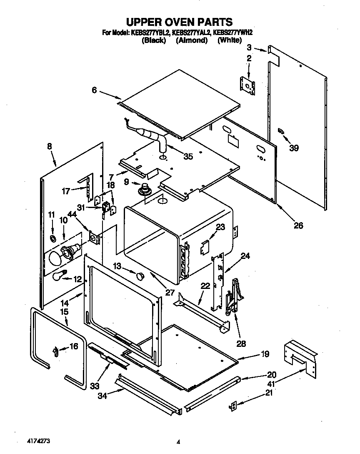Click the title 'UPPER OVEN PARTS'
click(x=179, y=22)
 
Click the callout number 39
click(x=294, y=148)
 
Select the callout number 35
click(x=188, y=157)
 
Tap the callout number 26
click(x=298, y=226)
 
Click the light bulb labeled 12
click(x=60, y=275)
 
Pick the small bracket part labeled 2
click(x=249, y=86)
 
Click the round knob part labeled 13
click(x=140, y=275)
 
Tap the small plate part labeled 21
click(x=234, y=406)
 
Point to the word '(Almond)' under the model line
click(x=191, y=40)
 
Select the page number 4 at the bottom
click(x=178, y=441)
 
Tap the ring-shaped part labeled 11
click(x=53, y=238)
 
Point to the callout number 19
click(x=265, y=354)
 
